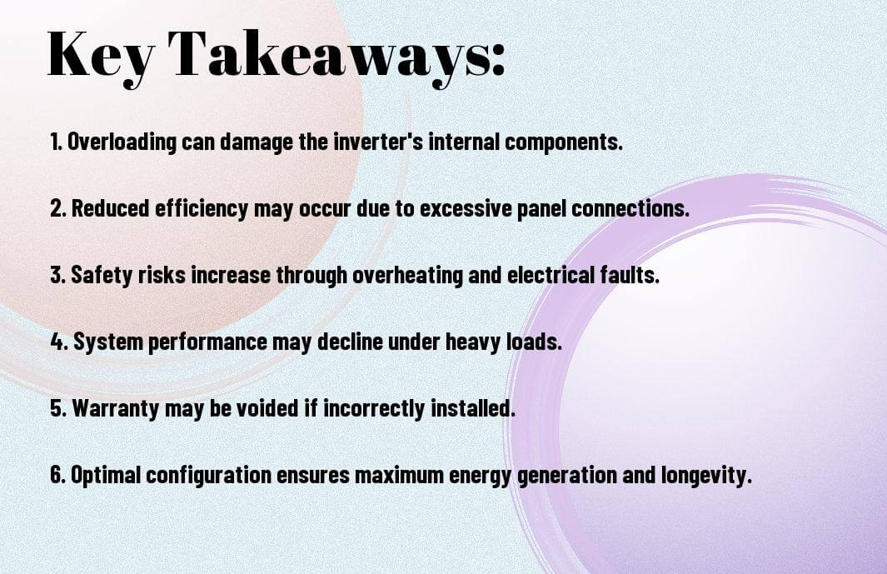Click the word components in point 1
[563, 142]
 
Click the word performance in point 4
[207, 342]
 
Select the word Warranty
[116, 407]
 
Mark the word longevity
[706, 474]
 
